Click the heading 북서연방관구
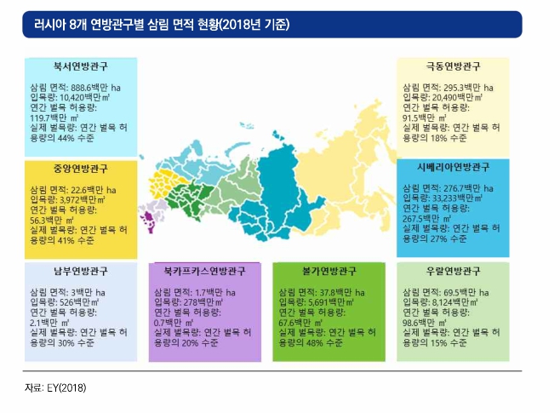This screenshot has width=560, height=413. (81, 66)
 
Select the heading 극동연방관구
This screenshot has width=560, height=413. (454, 66)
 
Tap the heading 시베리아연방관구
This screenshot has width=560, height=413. (454, 167)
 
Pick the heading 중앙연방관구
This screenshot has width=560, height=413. (81, 169)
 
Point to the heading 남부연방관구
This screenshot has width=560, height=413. (81, 271)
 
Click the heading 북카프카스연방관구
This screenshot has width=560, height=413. (204, 271)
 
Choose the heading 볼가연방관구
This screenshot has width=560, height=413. (329, 271)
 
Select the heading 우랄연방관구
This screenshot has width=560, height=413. (454, 271)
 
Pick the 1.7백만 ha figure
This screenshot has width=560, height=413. (215, 293)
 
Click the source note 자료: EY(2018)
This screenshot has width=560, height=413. (55, 387)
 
